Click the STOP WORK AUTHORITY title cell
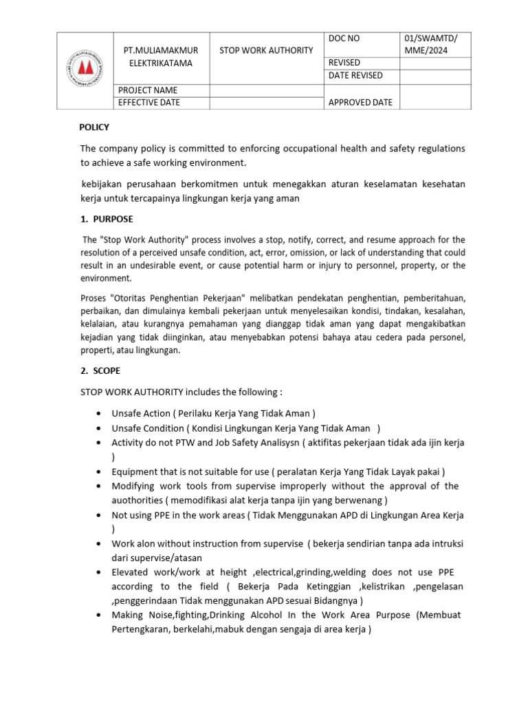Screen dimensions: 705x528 [x=266, y=50]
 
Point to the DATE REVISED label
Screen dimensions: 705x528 [x=355, y=76]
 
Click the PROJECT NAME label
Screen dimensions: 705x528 [x=148, y=90]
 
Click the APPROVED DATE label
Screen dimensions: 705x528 [x=361, y=103]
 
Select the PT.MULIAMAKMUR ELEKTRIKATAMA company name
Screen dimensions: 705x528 [x=162, y=56]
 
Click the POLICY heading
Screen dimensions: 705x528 [x=94, y=127]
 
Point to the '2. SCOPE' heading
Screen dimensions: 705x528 [x=100, y=370]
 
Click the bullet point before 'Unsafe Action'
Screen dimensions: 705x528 [x=100, y=414]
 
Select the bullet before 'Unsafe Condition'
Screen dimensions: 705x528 [x=100, y=428]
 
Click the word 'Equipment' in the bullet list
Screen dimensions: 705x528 [x=133, y=472]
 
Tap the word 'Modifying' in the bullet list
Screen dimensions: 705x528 [x=133, y=486]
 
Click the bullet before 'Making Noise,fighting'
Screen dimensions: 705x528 [x=100, y=615]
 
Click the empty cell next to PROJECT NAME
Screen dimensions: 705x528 [x=266, y=90]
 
